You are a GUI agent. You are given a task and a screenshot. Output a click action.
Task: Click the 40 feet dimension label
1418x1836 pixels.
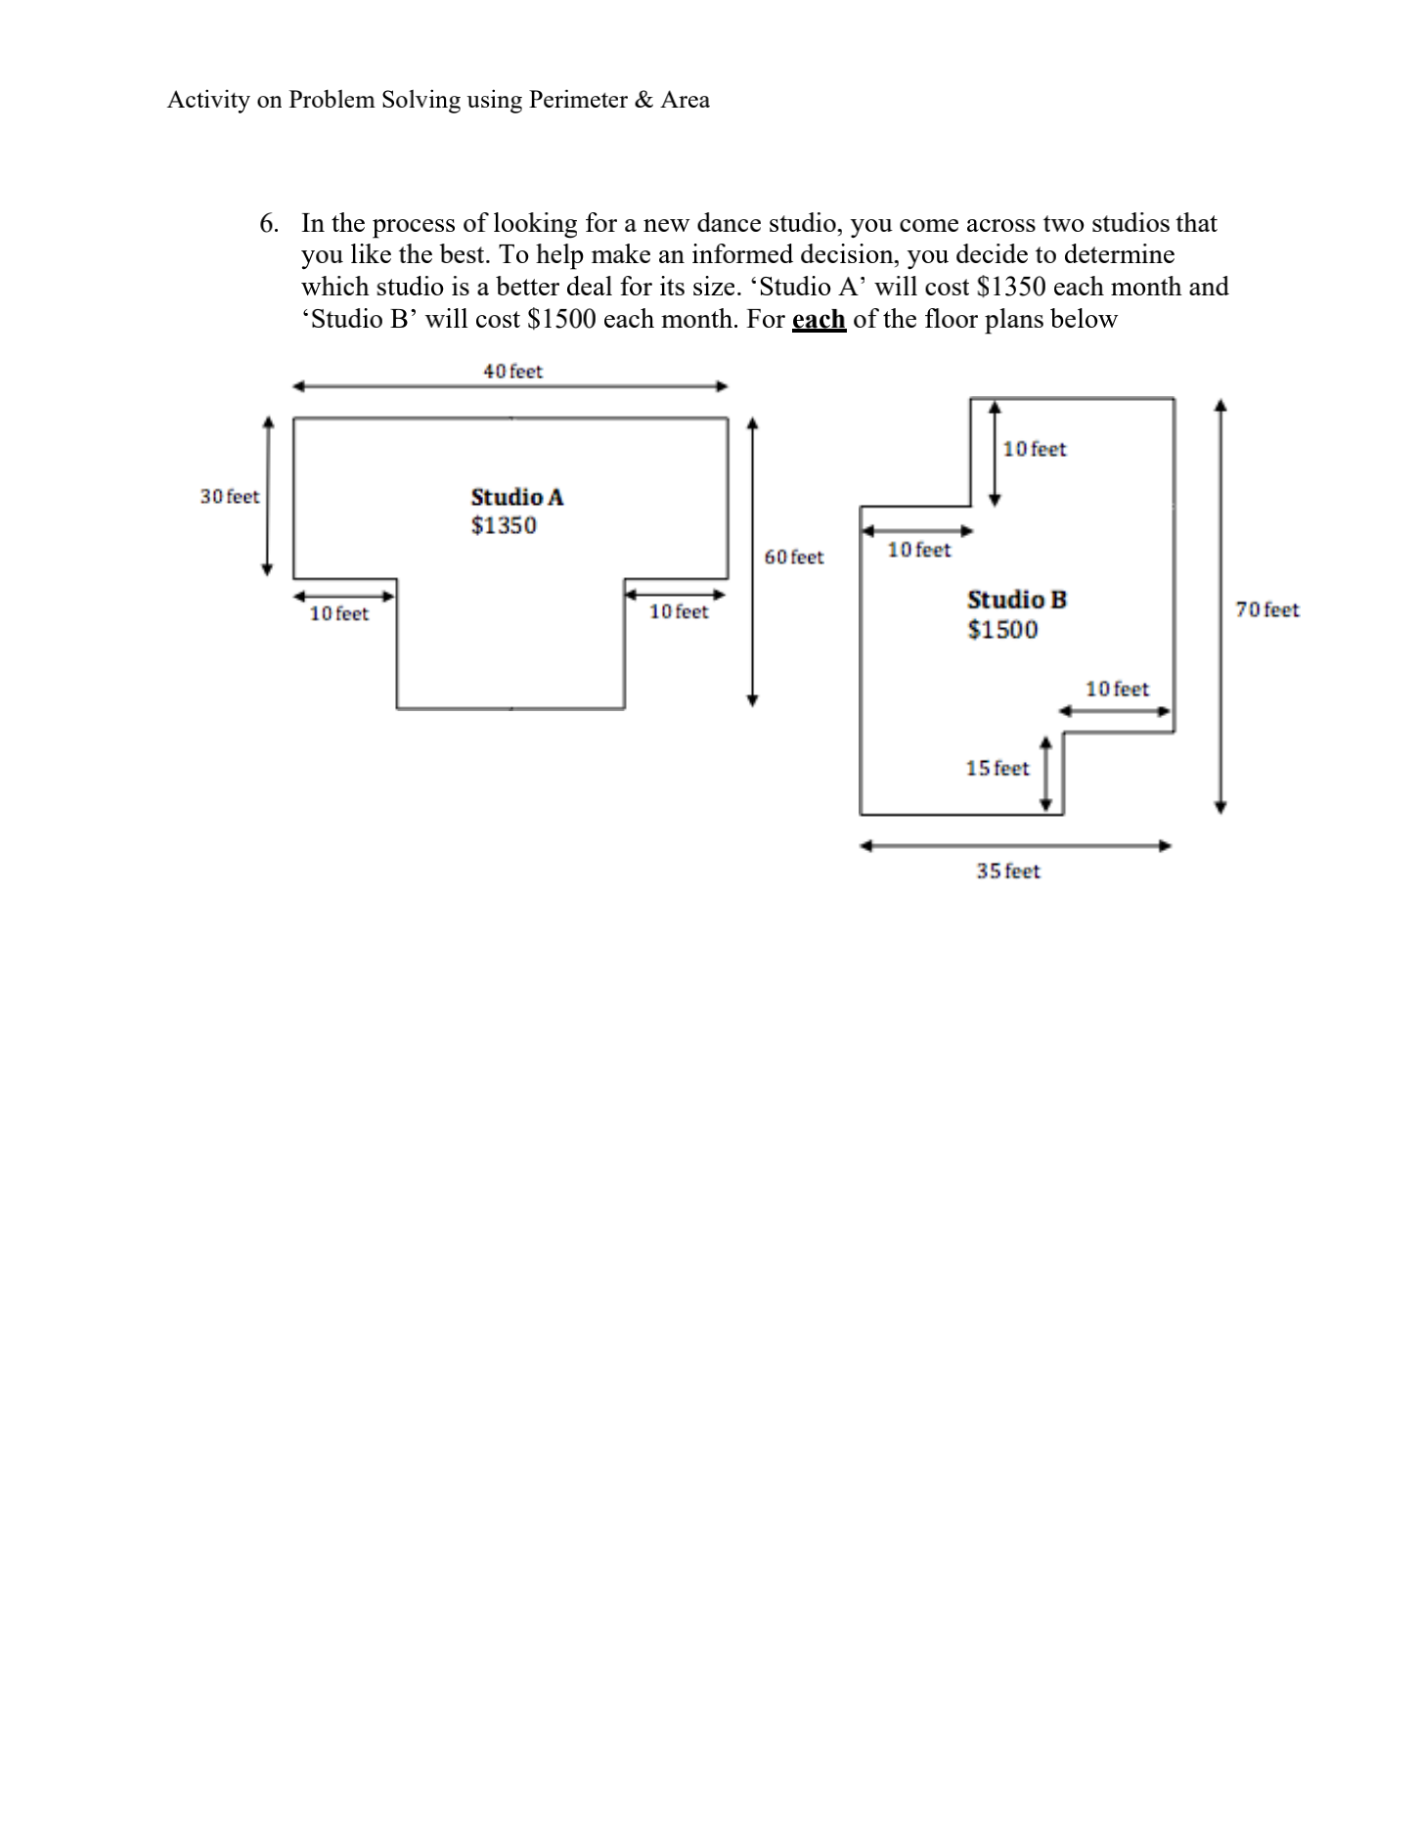click(512, 372)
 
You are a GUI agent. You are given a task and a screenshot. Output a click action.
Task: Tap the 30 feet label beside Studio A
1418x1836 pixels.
click(230, 497)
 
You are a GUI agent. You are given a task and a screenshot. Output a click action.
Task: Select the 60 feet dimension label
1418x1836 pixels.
click(793, 558)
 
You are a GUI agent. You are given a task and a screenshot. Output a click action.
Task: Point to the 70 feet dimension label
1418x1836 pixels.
click(1267, 610)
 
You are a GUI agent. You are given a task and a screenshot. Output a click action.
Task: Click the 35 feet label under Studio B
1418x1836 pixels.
click(1007, 872)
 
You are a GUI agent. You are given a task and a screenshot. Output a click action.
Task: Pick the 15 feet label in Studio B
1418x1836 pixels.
click(997, 769)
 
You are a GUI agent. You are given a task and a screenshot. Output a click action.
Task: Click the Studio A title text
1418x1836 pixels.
click(517, 498)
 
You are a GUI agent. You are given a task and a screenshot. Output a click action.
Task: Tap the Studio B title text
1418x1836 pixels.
click(1017, 600)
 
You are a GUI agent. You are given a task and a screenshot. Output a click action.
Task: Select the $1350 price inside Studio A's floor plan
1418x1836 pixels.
click(504, 526)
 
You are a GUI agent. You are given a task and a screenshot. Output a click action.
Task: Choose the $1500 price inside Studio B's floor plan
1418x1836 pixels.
click(1002, 630)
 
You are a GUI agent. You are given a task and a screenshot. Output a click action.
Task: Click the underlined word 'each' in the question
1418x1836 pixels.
click(819, 320)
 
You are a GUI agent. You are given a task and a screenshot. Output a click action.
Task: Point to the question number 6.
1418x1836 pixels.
click(268, 224)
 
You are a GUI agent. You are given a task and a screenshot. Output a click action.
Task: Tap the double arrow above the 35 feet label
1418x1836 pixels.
click(1015, 846)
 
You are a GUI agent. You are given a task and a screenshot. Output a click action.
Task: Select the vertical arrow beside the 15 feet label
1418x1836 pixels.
click(1046, 775)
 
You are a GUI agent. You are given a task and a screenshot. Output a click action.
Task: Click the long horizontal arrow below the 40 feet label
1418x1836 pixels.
click(510, 386)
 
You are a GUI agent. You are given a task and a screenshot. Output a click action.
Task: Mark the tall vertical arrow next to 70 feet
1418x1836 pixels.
click(1219, 605)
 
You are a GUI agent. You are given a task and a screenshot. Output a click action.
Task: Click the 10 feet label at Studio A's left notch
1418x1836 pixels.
click(338, 614)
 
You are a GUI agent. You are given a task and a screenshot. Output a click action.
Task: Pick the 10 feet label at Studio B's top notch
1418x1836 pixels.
click(1035, 450)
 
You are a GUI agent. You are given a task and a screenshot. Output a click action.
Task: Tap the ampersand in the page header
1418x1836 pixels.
click(643, 100)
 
